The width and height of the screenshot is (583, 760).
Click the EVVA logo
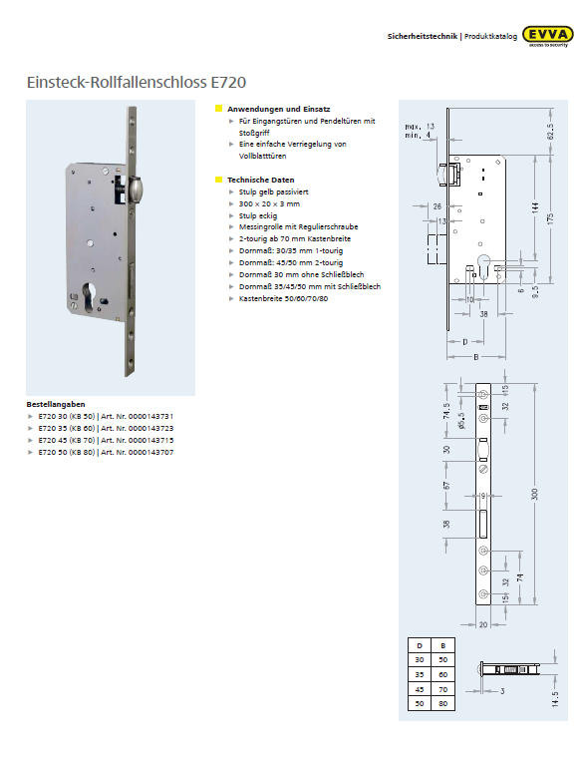click(x=549, y=37)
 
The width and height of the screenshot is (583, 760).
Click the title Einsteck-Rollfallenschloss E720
click(x=137, y=83)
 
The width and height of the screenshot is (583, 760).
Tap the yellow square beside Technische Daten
click(x=218, y=180)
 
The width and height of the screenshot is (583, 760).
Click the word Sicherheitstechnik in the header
click(x=422, y=36)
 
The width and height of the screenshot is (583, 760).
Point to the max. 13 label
click(x=420, y=127)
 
